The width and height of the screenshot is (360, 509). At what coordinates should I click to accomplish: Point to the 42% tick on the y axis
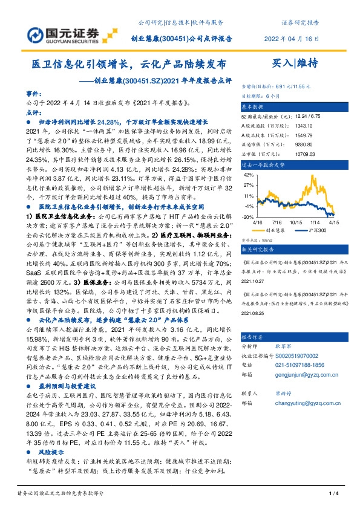(247, 174)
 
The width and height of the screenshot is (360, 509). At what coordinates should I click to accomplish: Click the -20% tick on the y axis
(247, 216)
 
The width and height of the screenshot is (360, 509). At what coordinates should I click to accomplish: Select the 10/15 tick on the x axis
(297, 222)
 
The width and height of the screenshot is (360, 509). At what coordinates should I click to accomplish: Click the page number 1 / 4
(332, 495)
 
